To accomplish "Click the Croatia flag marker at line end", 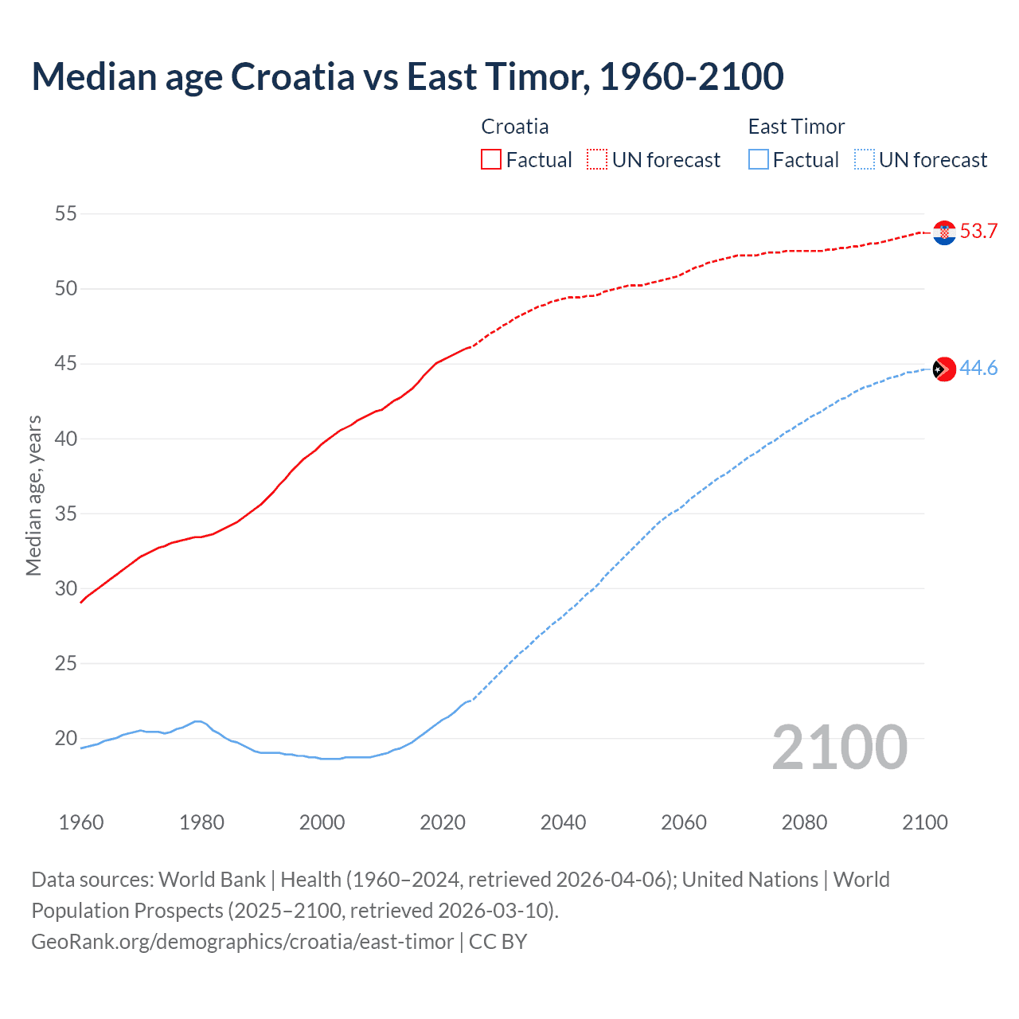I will pyautogui.click(x=944, y=232).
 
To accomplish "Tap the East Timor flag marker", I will pyautogui.click(x=944, y=369).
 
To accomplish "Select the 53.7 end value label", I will pyautogui.click(x=978, y=232).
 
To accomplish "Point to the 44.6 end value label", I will pyautogui.click(x=978, y=368).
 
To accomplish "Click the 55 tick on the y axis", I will pyautogui.click(x=66, y=213).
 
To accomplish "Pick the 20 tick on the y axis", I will pyautogui.click(x=66, y=738).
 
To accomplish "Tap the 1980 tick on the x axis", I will pyautogui.click(x=201, y=822).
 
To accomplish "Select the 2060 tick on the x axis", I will pyautogui.click(x=684, y=822).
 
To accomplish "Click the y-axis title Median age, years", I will pyautogui.click(x=33, y=495).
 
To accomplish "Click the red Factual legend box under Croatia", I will pyautogui.click(x=491, y=159).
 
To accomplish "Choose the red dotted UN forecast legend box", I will pyautogui.click(x=597, y=159).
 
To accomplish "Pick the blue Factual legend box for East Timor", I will pyautogui.click(x=759, y=159).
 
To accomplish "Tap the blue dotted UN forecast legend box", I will pyautogui.click(x=864, y=159).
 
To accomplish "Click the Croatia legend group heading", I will pyautogui.click(x=515, y=127).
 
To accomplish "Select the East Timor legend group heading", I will pyautogui.click(x=796, y=127).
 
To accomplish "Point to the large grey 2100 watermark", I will pyautogui.click(x=840, y=747).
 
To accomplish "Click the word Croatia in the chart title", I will pyautogui.click(x=293, y=76).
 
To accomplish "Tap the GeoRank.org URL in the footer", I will pyautogui.click(x=242, y=941).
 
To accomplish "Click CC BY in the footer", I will pyautogui.click(x=498, y=941).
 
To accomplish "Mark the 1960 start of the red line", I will pyautogui.click(x=81, y=602).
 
